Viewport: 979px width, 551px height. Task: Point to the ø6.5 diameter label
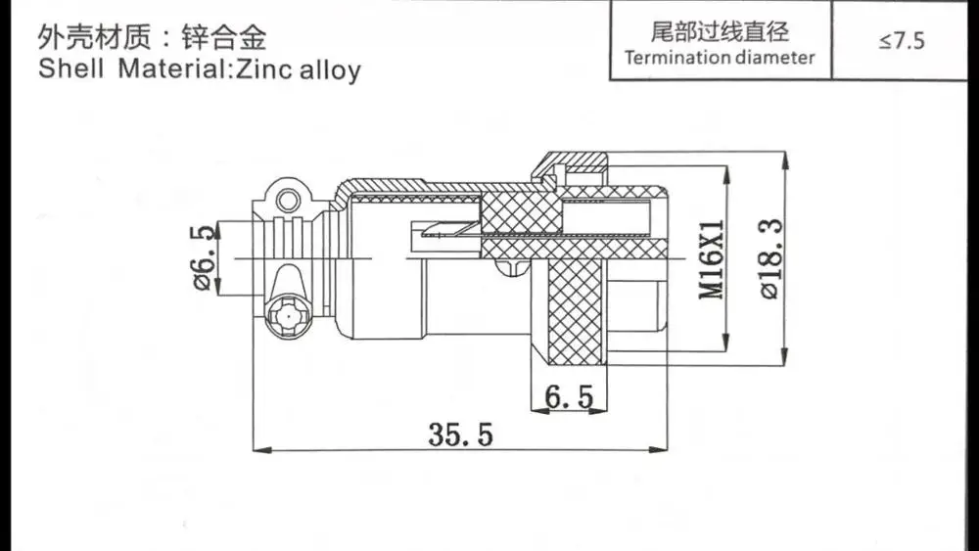pyautogui.click(x=204, y=257)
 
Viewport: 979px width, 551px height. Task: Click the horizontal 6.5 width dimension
pyautogui.click(x=569, y=396)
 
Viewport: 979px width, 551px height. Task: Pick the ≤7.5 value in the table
pyautogui.click(x=901, y=41)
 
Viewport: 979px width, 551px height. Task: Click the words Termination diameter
pyautogui.click(x=720, y=57)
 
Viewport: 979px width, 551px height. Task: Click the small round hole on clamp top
pyautogui.click(x=287, y=202)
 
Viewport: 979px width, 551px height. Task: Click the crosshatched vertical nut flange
pyautogui.click(x=575, y=308)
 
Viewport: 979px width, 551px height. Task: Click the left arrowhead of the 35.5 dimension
pyautogui.click(x=258, y=450)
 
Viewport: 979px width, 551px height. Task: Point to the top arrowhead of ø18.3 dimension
pyautogui.click(x=786, y=157)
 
